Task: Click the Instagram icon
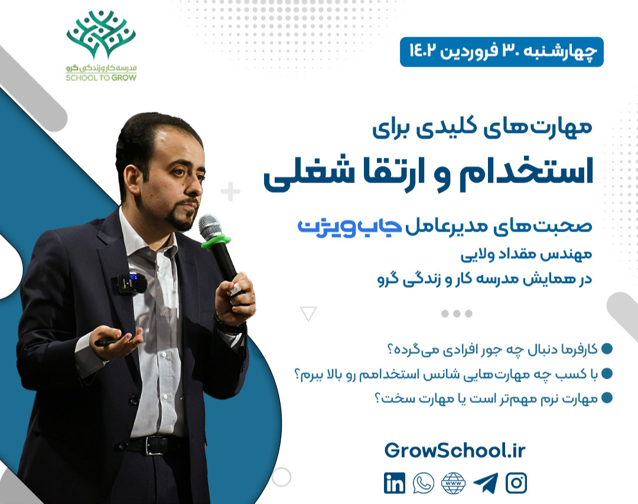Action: pyautogui.click(x=516, y=483)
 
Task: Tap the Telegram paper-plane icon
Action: pyautogui.click(x=486, y=483)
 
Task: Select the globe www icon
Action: pyautogui.click(x=454, y=483)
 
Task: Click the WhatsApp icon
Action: pyautogui.click(x=423, y=483)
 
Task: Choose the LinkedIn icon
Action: pyautogui.click(x=395, y=483)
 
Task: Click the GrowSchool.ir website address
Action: pyautogui.click(x=454, y=450)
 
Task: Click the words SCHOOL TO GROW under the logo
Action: pyautogui.click(x=102, y=77)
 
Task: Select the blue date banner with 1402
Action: pyautogui.click(x=502, y=51)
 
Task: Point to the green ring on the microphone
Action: pyautogui.click(x=214, y=240)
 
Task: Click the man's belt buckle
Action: pyautogui.click(x=157, y=445)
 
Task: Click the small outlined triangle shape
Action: pyautogui.click(x=308, y=313)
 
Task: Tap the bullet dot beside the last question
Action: pyautogui.click(x=606, y=398)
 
